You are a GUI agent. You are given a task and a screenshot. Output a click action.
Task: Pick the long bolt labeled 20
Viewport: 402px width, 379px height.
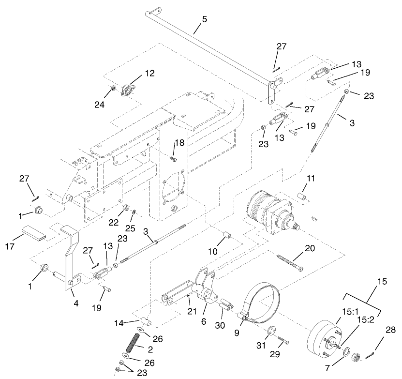pos(289,262)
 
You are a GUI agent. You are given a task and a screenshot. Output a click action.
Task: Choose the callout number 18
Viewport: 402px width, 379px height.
pos(179,143)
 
